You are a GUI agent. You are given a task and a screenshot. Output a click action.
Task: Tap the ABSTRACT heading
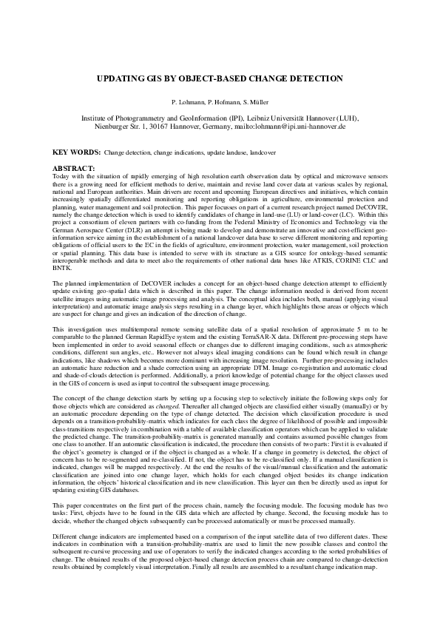[x=76, y=169]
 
